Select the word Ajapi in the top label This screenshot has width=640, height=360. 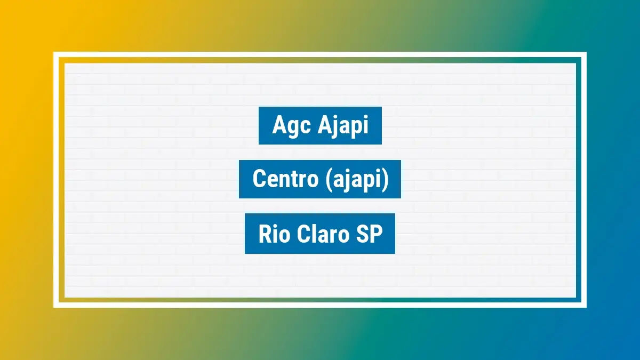pyautogui.click(x=343, y=126)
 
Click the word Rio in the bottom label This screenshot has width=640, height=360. pyautogui.click(x=274, y=234)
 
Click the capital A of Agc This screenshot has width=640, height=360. pyautogui.click(x=279, y=125)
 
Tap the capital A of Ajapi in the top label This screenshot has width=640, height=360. pyautogui.click(x=324, y=125)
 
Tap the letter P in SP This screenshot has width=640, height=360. pyautogui.click(x=377, y=234)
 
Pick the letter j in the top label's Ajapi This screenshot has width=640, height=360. pyautogui.click(x=335, y=127)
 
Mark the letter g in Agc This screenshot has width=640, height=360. pyautogui.click(x=292, y=128)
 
